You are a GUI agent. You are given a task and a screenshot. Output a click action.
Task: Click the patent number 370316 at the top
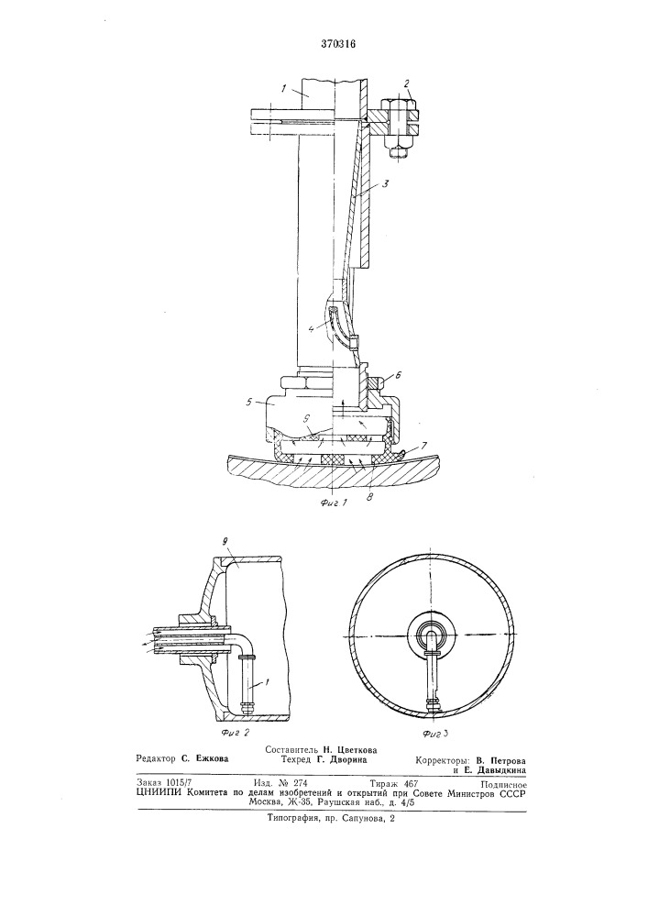pyautogui.click(x=339, y=44)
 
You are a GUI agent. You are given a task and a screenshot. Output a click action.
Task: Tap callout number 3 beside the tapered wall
pyautogui.click(x=386, y=183)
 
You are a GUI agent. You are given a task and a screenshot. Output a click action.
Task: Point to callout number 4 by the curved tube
pyautogui.click(x=312, y=328)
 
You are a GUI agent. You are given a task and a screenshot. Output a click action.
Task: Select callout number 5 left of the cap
pyautogui.click(x=250, y=402)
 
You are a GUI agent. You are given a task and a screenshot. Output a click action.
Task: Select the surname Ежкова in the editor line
pyautogui.click(x=210, y=758)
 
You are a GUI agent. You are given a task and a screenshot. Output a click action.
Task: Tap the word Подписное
pyautogui.click(x=504, y=785)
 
